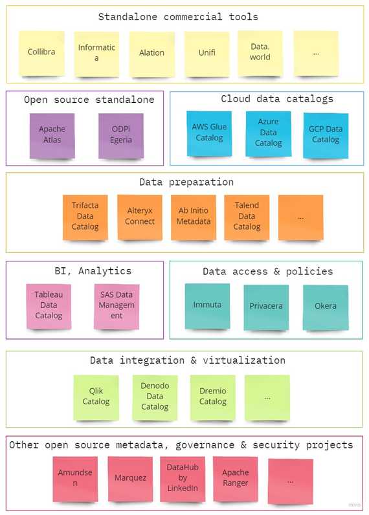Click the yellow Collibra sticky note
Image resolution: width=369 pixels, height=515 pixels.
(x=41, y=52)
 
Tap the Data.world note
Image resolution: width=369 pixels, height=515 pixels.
(x=260, y=52)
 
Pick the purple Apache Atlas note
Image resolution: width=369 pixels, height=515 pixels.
(x=52, y=135)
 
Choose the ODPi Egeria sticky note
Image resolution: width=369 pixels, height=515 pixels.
(x=121, y=135)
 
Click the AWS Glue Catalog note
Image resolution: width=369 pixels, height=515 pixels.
(x=209, y=133)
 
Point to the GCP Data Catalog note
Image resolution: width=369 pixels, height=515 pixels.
(x=326, y=135)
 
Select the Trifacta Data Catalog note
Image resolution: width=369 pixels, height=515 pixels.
(x=85, y=217)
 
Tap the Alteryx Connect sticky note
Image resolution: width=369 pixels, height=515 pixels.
(x=140, y=217)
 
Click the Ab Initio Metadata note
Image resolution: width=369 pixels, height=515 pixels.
(x=194, y=217)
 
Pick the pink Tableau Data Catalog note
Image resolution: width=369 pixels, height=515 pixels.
(x=49, y=305)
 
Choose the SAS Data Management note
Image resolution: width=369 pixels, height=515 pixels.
(x=117, y=305)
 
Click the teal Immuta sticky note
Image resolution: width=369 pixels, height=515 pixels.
(x=207, y=305)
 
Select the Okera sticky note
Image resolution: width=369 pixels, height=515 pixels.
(x=326, y=306)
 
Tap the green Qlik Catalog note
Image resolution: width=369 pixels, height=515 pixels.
(x=96, y=397)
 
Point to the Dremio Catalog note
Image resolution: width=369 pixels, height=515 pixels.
(x=212, y=397)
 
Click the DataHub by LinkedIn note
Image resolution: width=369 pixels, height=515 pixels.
(x=182, y=479)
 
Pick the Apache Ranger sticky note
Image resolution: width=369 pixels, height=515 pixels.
(x=236, y=479)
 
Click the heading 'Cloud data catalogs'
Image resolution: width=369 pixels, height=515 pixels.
(x=277, y=99)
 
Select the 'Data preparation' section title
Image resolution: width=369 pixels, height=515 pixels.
(x=186, y=182)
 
